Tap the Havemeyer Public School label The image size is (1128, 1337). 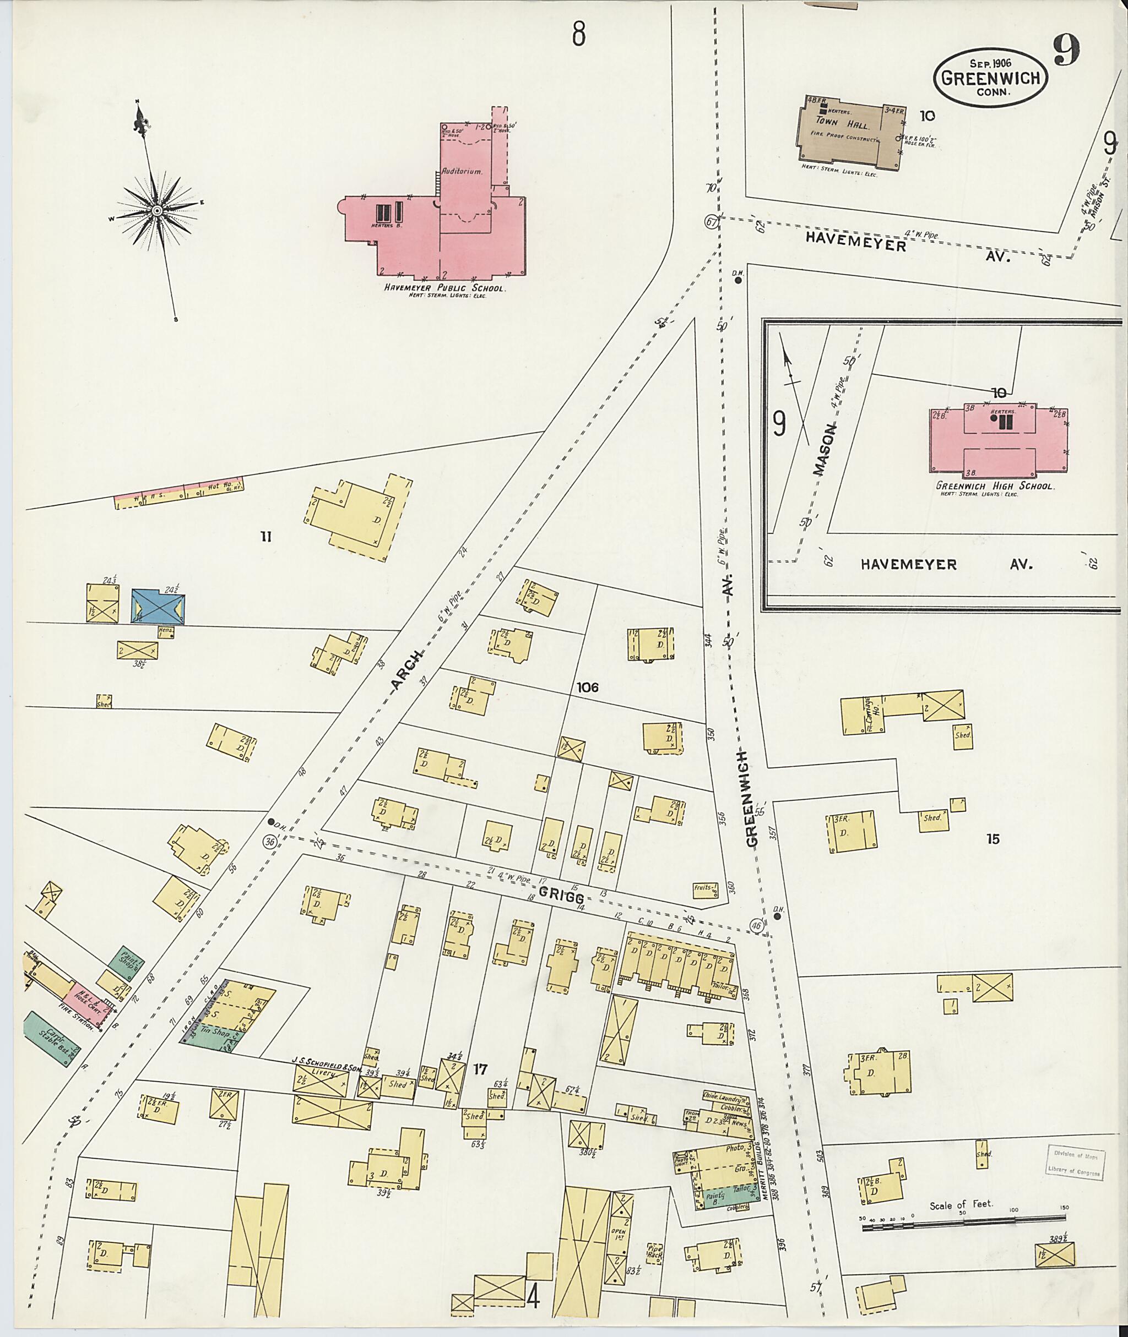pyautogui.click(x=443, y=288)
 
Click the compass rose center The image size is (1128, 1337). pyautogui.click(x=156, y=211)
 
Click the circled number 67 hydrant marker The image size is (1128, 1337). pyautogui.click(x=710, y=222)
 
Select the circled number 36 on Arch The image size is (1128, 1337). pyautogui.click(x=270, y=842)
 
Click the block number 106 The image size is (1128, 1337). pyautogui.click(x=587, y=687)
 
